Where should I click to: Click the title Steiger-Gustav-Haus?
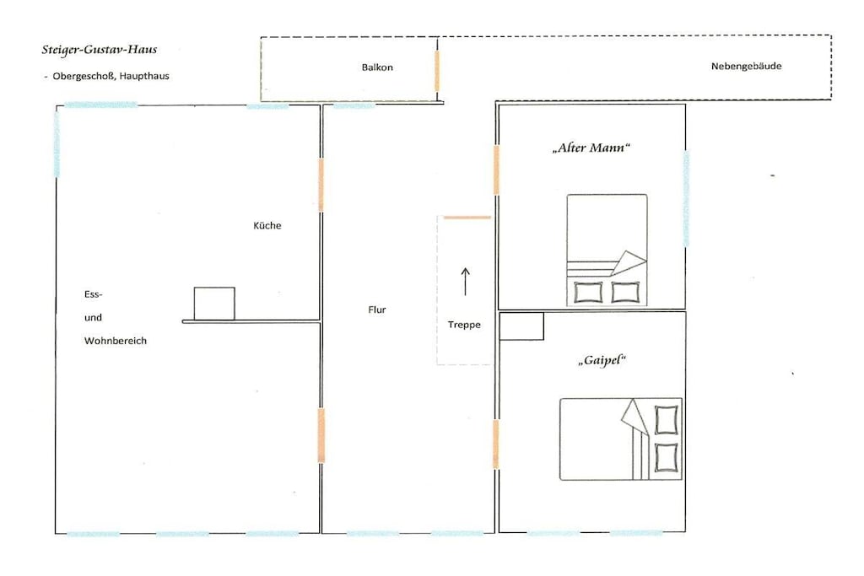pos(100,50)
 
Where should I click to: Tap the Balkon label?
pos(377,67)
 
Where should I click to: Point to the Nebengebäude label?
pos(746,66)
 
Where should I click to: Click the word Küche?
pos(267,225)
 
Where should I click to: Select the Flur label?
pos(377,310)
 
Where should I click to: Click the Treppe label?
pos(464,325)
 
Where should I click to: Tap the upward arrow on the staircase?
pos(466,282)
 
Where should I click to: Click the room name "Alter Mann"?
pos(591,148)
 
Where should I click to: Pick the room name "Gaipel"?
pos(602,361)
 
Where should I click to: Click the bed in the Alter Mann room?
pos(607,250)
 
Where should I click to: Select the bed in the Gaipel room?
pos(621,439)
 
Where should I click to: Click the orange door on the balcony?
pos(437,71)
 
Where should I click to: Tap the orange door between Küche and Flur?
pos(321,185)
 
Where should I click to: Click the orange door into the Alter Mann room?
pos(496,170)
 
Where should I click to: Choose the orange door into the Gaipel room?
pos(496,444)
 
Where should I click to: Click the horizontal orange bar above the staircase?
pos(467,218)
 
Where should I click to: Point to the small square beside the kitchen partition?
pos(214,304)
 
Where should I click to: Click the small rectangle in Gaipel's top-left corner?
pos(521,326)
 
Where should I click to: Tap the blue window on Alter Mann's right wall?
pos(686,198)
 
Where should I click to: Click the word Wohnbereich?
pos(116,341)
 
